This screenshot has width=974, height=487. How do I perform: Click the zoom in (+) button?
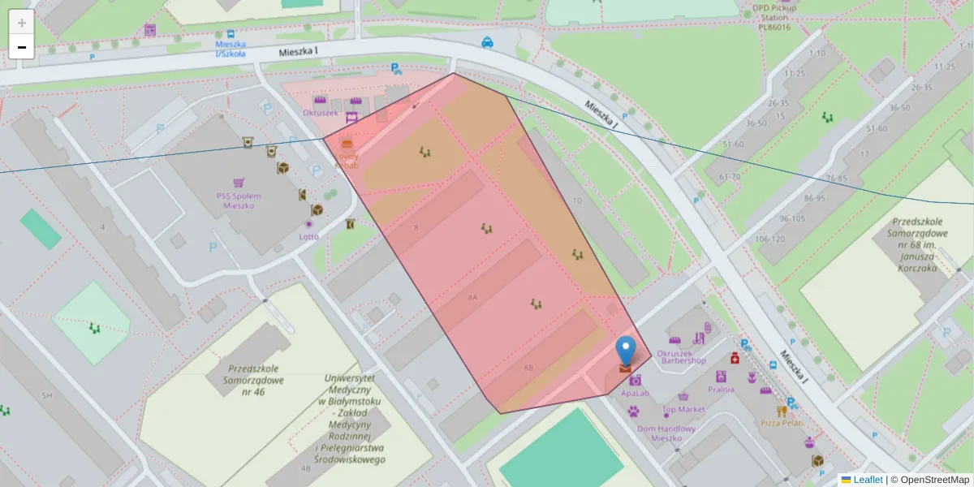click(x=22, y=23)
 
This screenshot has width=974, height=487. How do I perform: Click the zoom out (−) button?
click(x=22, y=47)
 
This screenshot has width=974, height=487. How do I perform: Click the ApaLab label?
click(x=635, y=393)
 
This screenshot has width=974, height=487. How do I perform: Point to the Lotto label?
click(x=309, y=236)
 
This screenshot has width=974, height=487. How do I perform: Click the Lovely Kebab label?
click(x=347, y=160)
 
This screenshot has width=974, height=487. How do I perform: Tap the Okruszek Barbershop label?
click(x=681, y=356)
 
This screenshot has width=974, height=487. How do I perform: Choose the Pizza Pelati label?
click(x=782, y=423)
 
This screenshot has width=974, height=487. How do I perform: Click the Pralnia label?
click(x=721, y=389)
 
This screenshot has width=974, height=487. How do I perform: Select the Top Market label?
click(x=683, y=409)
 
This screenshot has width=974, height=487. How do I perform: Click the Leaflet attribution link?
click(x=868, y=480)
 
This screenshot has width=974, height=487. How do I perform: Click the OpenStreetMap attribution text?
click(x=933, y=480)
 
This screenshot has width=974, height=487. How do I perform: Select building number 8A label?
click(x=472, y=298)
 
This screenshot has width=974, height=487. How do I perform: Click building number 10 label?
click(x=577, y=200)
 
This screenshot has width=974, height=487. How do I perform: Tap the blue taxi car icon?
click(x=487, y=42)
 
